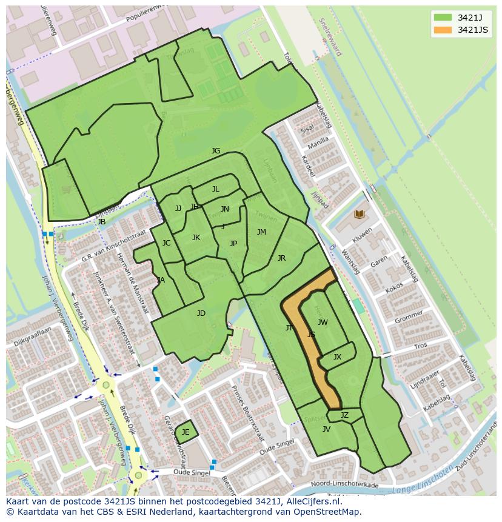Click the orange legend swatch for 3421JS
(443, 30)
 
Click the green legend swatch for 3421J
(443, 17)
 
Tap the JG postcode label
(216, 151)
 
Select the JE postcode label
(186, 432)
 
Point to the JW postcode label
(323, 323)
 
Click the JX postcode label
(337, 357)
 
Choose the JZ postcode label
(344, 415)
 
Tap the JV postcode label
(326, 429)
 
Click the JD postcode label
(201, 313)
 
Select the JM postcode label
(261, 232)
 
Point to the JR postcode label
(281, 258)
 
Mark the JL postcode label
(215, 189)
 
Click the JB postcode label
(102, 222)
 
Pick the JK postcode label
(196, 238)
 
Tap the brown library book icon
(359, 214)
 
